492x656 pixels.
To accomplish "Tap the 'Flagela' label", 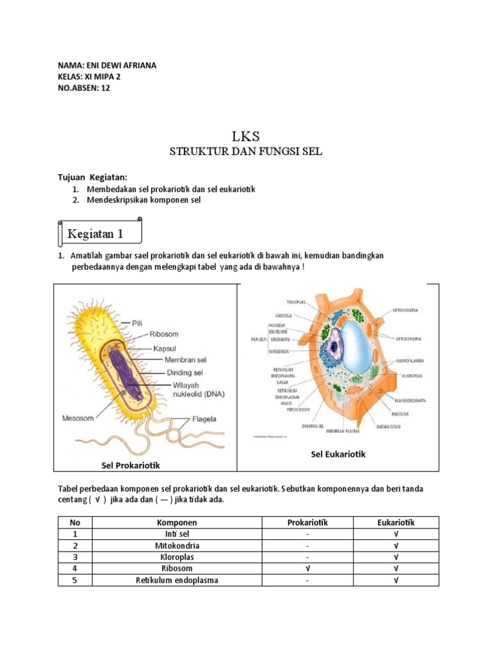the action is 204,420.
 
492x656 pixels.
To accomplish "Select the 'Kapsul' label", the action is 165,348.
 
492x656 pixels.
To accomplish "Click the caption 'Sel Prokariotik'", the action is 131,464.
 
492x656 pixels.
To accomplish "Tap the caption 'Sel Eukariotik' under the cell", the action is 338,454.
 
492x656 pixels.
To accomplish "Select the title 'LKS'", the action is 246,136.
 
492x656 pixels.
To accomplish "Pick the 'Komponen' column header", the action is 176,523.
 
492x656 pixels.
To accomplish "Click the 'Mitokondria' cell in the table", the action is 177,546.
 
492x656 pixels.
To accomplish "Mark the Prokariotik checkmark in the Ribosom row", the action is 307,569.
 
